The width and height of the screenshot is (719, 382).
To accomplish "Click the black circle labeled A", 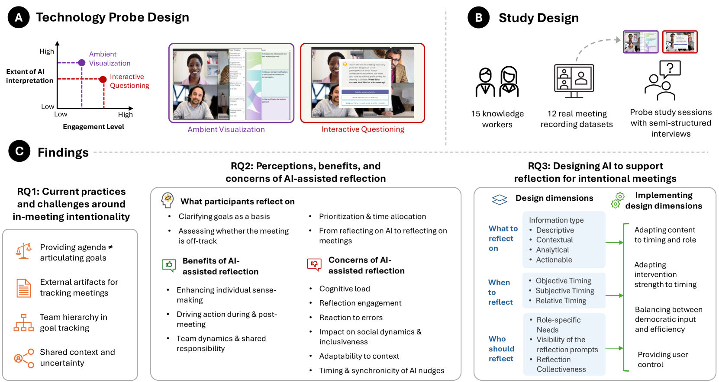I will tap(19, 17).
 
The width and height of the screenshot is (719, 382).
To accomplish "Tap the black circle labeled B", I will tap(478, 18).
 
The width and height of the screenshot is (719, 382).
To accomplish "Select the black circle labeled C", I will tap(19, 151).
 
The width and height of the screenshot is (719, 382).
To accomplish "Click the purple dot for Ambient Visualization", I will tap(82, 63).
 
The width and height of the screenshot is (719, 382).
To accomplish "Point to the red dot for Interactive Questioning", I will tap(103, 79).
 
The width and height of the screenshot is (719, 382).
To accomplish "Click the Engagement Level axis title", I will tap(94, 127).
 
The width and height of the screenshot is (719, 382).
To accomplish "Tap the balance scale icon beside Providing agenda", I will tap(24, 251).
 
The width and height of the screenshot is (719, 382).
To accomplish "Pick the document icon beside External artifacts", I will tap(24, 288).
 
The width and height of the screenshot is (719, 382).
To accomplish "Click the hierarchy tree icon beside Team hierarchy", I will tap(24, 323).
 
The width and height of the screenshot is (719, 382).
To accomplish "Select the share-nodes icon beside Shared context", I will tap(24, 358).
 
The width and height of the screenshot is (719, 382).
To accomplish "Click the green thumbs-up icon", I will tap(169, 265).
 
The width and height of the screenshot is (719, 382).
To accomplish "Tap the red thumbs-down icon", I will tap(314, 264).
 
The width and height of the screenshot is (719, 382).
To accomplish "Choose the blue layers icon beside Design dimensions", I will tap(500, 199).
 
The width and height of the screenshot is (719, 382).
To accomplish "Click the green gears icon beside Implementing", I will tap(618, 200).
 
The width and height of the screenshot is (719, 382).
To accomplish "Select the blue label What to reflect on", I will tap(503, 238).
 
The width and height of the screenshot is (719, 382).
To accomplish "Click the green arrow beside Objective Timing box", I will tap(614, 295).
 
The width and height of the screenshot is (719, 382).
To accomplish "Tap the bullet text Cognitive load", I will tap(345, 289).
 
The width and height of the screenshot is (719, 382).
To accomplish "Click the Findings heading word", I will tap(63, 153).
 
